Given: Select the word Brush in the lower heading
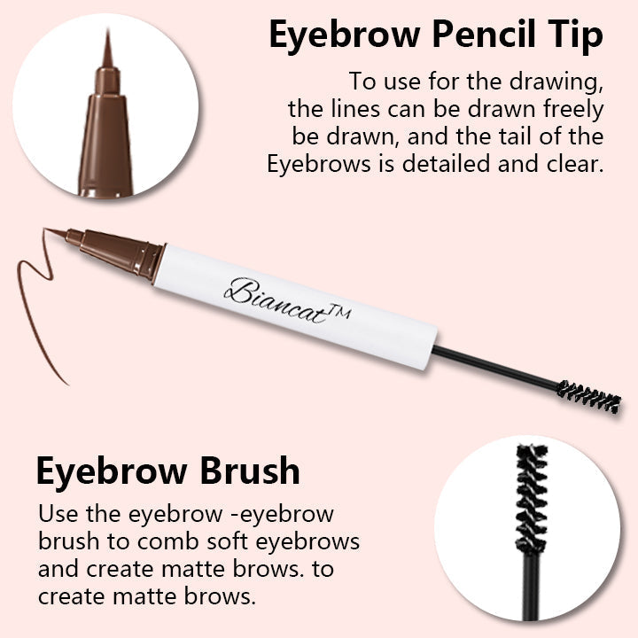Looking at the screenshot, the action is tap(250, 471).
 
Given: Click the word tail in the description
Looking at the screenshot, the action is tap(516, 136).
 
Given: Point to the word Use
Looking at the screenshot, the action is tap(58, 513).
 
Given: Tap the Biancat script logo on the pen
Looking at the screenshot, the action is tap(276, 301).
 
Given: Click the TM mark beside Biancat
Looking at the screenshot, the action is tap(339, 312).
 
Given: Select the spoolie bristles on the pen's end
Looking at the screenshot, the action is tap(588, 396).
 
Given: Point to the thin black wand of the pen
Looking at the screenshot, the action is tap(494, 366).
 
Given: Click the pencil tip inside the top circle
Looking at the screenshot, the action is tap(106, 118).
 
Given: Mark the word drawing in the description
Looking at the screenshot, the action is tap(556, 82).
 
